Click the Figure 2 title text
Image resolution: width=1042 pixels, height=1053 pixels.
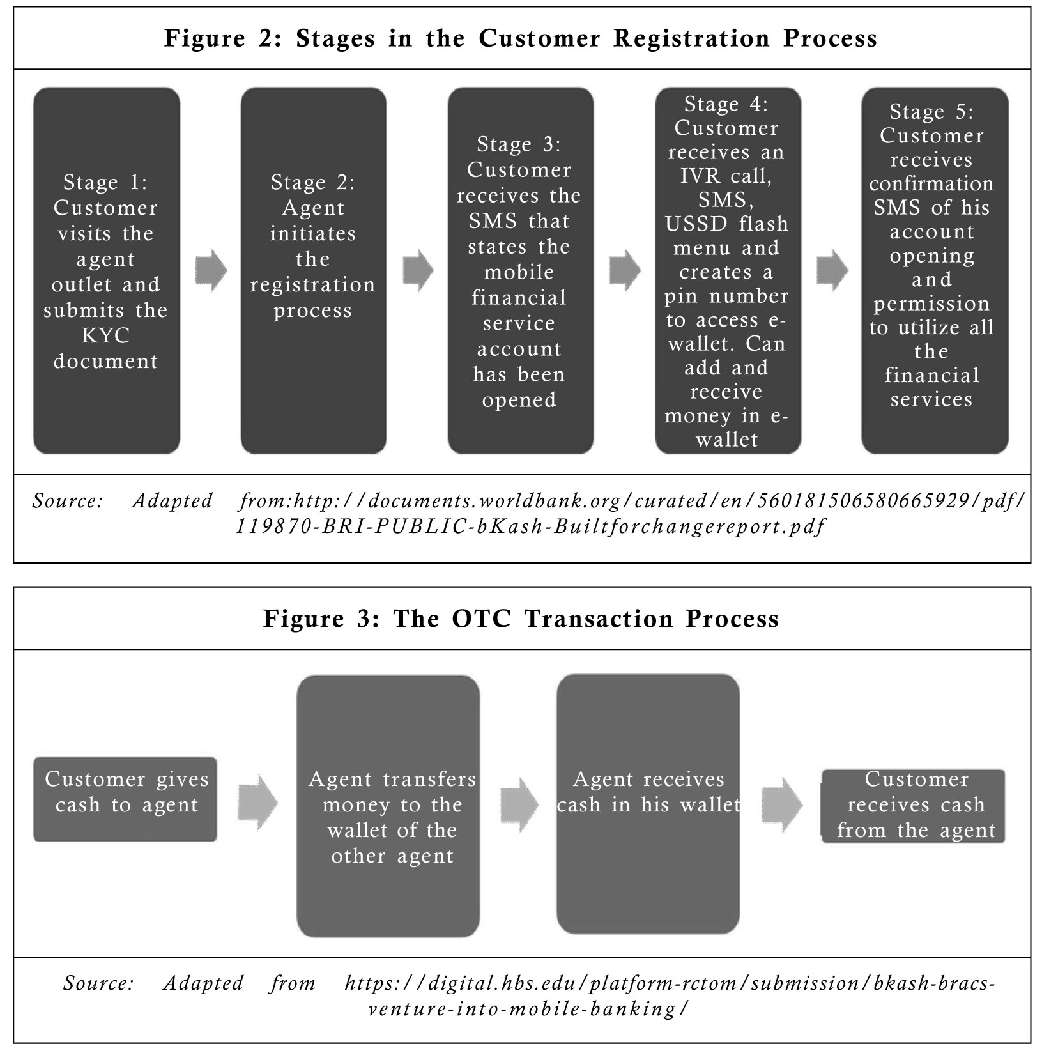coord(521,38)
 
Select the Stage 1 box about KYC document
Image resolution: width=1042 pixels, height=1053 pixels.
coord(106,271)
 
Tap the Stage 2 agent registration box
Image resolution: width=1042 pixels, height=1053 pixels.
coord(313,271)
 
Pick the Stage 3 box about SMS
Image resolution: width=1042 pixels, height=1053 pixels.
coord(520,271)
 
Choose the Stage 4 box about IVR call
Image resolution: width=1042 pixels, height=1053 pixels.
coord(728,271)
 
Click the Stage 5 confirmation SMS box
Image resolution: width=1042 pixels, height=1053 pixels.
coord(935,271)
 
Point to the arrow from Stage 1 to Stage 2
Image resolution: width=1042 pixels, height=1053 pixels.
coord(211,270)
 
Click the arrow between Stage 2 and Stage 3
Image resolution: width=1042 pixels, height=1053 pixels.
coord(418,270)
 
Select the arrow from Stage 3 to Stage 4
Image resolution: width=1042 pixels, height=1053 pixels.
coord(625,270)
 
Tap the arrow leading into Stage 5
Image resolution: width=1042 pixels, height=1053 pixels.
coord(832,270)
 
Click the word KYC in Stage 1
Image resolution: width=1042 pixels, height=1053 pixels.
coord(105,335)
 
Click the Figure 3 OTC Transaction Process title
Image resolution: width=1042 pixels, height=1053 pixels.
coord(521,619)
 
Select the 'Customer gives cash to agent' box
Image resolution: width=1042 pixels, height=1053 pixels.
coord(125,799)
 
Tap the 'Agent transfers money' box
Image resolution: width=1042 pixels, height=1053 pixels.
coord(388,806)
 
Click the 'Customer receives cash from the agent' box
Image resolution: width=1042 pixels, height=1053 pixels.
coord(913,806)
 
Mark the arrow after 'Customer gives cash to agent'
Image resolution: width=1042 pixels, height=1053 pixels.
coord(258,803)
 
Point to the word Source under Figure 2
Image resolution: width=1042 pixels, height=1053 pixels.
coord(68,500)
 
